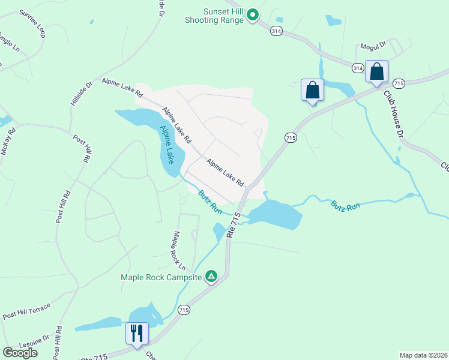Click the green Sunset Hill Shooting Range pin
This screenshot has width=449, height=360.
point(253,14)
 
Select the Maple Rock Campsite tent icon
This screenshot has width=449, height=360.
point(211,276)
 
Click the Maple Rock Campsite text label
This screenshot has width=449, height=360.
point(161,277)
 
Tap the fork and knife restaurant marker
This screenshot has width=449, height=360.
point(137,334)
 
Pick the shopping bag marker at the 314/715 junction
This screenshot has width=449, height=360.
point(377,72)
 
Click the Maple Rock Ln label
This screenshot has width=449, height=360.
point(178,250)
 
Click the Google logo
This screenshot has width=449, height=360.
point(20,352)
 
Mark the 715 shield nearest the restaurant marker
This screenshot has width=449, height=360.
point(184,310)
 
